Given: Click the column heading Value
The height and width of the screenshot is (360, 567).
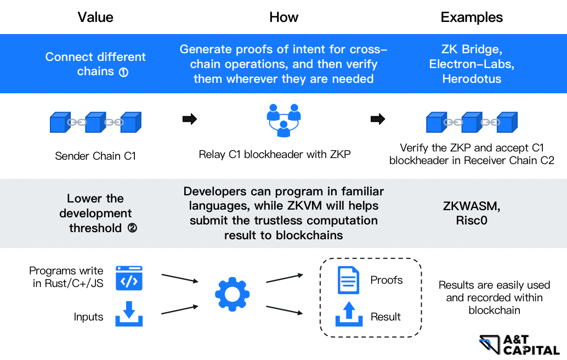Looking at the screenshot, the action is tap(95, 17).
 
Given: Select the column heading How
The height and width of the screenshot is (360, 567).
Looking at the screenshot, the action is tap(284, 17).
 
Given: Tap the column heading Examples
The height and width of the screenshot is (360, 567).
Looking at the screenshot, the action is tap(472, 17).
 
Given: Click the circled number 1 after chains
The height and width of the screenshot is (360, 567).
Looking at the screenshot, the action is tap(124, 72).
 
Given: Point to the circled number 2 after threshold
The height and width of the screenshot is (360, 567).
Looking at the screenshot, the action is tap(132, 228).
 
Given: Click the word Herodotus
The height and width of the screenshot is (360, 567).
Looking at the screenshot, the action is tap(472, 79).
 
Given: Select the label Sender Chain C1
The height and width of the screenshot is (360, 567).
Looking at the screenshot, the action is tap(95, 156).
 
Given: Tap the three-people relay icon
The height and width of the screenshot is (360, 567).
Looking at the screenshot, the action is tap(284, 121).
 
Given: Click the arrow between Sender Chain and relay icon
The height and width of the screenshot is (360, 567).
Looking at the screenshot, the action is tap(190, 119).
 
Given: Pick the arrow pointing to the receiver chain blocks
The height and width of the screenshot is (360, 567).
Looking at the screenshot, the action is tap(378, 119).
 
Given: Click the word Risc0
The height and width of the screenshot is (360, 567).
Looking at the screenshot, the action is tap(472, 221).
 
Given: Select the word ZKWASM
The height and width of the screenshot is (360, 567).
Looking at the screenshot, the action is tap(471, 206).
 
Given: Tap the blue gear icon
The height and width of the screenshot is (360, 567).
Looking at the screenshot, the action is tap(232, 294).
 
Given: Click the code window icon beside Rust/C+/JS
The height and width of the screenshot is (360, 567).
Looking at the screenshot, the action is tap(129, 278).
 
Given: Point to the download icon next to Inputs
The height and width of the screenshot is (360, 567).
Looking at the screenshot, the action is tap(129, 314).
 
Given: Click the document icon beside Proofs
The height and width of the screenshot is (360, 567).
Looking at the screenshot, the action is tap(348, 280).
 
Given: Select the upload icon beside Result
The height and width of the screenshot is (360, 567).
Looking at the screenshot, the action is tap(349, 314).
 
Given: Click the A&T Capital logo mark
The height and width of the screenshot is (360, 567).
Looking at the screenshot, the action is tap(490, 345).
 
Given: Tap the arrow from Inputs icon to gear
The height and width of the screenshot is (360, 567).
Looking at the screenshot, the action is tap(180, 310).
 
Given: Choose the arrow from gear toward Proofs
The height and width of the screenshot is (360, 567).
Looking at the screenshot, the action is tap(285, 278).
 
